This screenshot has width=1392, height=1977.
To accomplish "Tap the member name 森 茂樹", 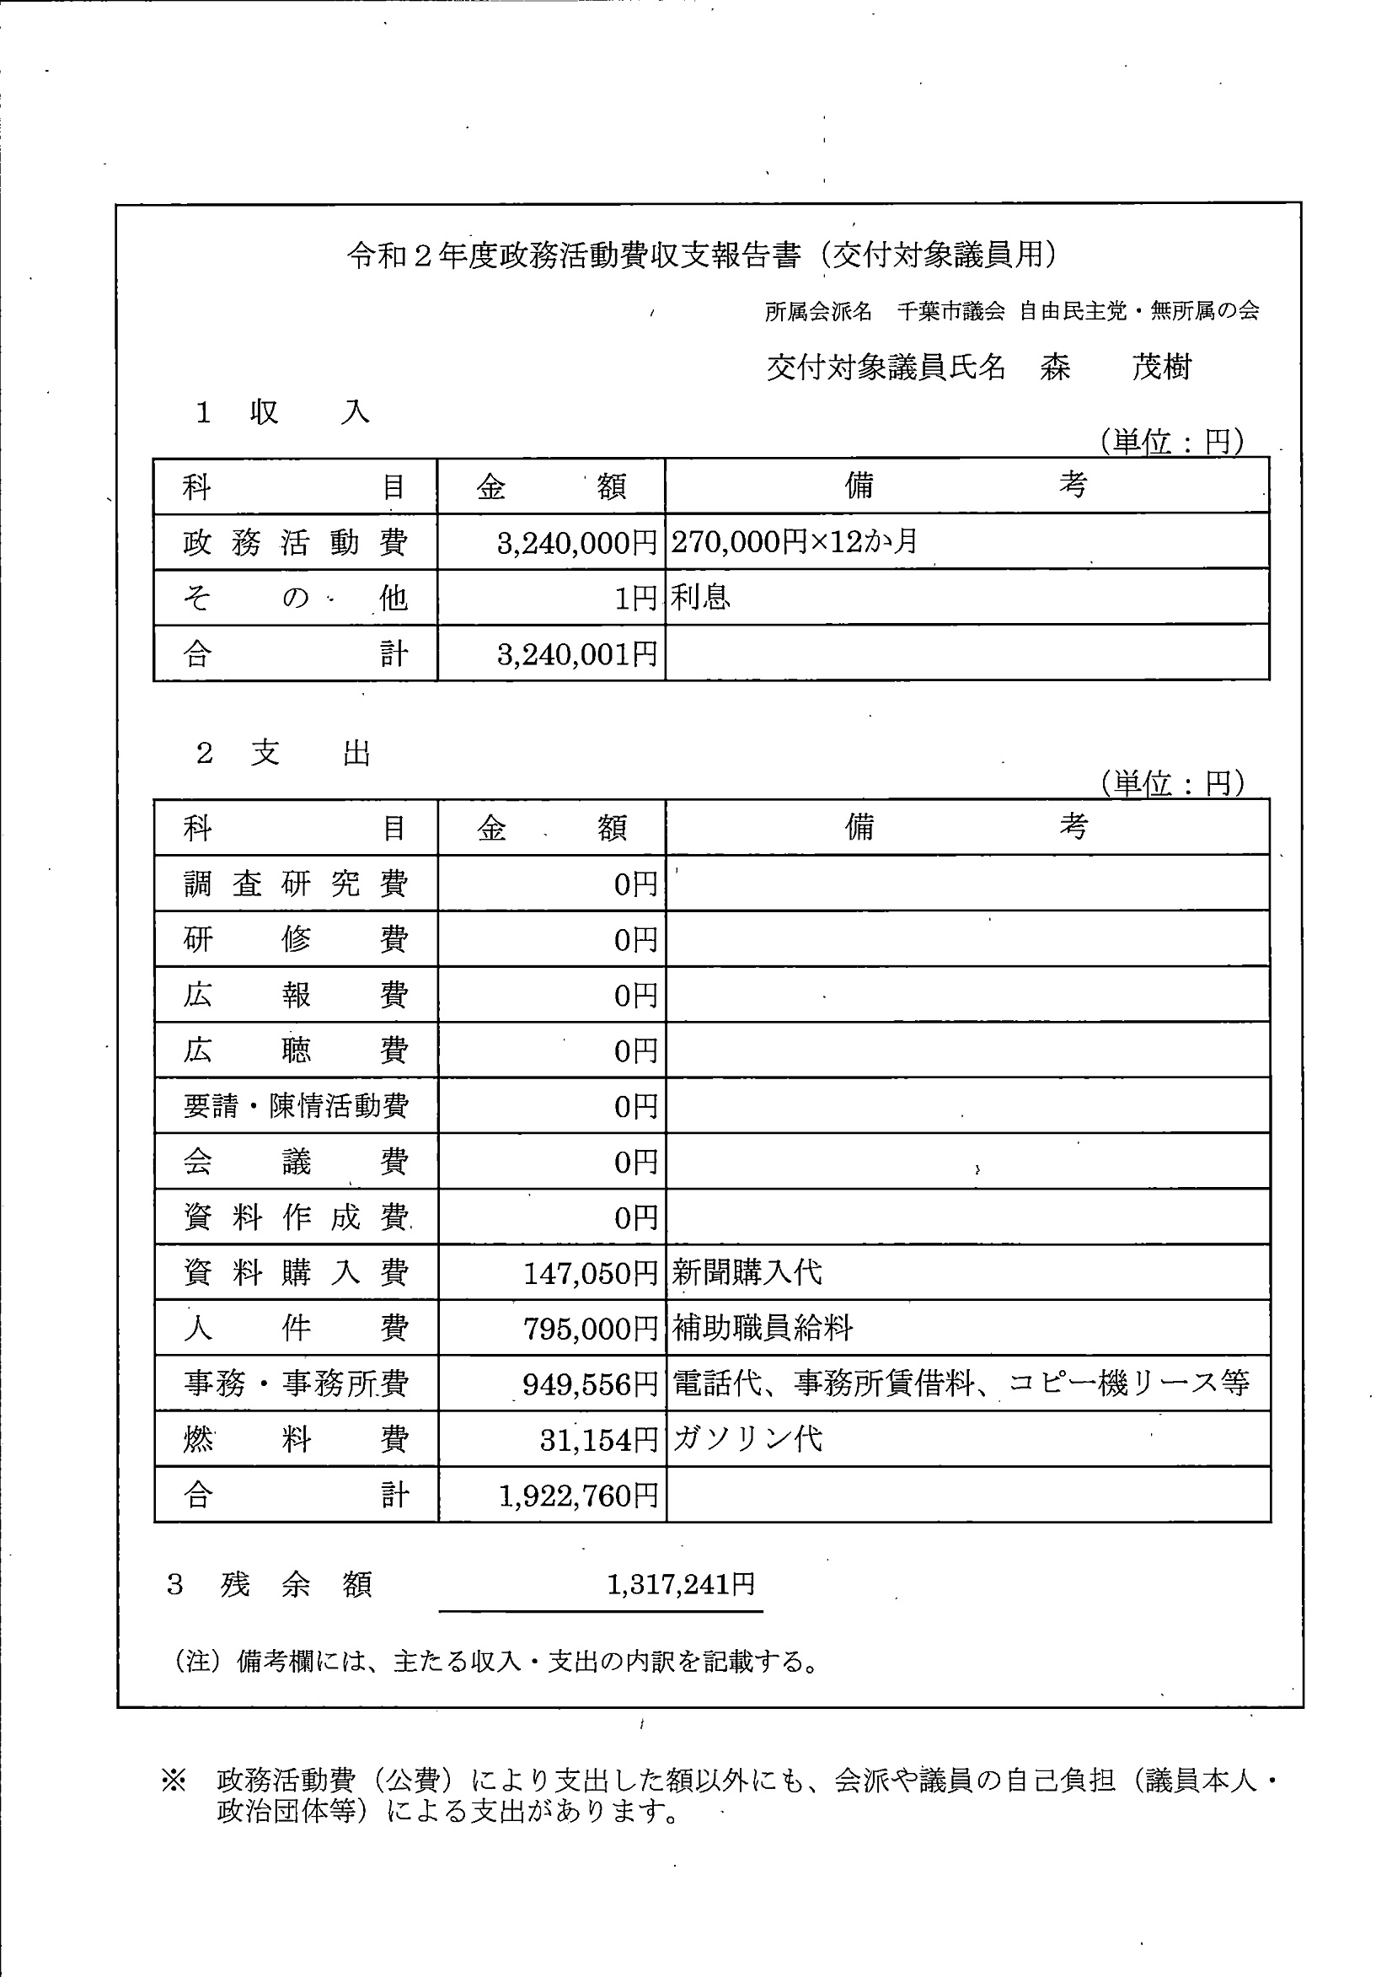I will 1115,368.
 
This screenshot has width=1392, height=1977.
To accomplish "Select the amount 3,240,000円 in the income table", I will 577,543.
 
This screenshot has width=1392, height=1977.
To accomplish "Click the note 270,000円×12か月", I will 794,541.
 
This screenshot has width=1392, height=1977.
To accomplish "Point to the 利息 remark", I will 701,597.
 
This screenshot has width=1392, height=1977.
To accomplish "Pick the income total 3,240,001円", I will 577,654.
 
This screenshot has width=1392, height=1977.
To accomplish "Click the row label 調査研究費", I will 295,884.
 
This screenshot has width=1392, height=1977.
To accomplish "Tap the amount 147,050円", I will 591,1273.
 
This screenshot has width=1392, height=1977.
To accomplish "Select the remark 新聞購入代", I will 747,1272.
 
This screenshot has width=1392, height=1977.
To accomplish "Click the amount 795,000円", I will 591,1329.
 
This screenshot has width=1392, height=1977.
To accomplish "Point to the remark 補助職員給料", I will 762,1328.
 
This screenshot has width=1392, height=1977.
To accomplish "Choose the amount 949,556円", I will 590,1384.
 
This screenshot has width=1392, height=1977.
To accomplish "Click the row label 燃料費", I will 295,1439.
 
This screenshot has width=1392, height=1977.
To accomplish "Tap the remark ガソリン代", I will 747,1438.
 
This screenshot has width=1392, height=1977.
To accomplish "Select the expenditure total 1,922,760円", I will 579,1496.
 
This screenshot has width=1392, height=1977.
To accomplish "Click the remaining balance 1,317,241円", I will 681,1583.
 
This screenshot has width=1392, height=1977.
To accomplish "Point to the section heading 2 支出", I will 283,754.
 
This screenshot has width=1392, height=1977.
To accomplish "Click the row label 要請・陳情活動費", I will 295,1105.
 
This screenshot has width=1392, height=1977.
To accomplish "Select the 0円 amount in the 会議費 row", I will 635,1163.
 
